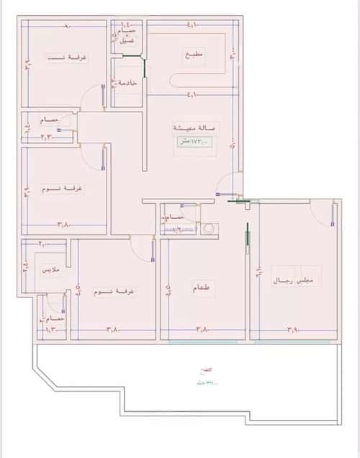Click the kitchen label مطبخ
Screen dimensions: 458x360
[x=192, y=54]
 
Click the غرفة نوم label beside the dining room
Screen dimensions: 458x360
[x=117, y=292]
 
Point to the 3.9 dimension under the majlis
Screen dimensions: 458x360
[x=293, y=330]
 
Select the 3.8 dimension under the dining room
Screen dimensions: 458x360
[x=202, y=330]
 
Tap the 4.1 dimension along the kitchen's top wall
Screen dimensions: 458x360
[x=192, y=26]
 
